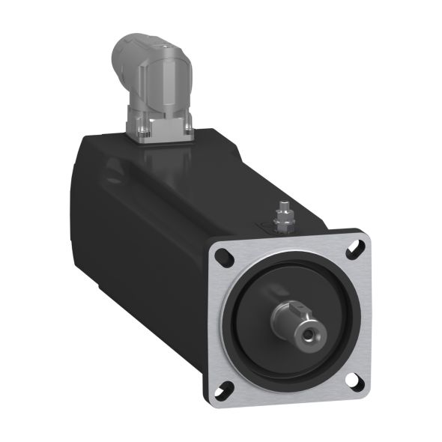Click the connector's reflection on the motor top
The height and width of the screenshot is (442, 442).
(x=160, y=161)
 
